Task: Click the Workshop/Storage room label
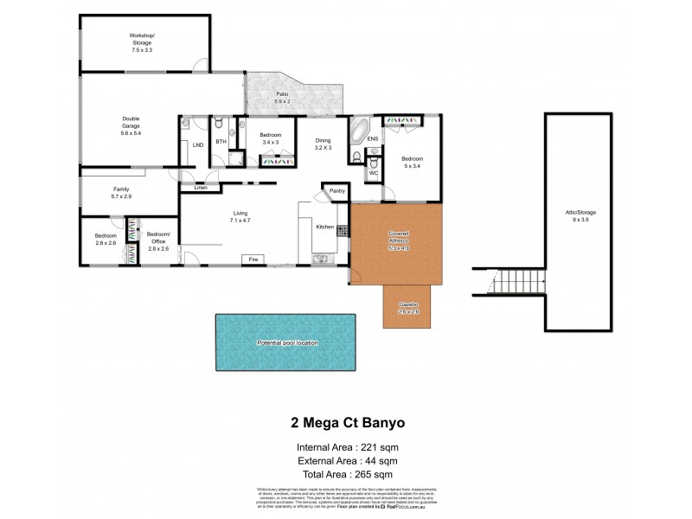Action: [141, 43]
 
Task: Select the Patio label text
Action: [282, 96]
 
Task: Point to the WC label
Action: [374, 173]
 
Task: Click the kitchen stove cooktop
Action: [343, 230]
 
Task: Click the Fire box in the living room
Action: [254, 259]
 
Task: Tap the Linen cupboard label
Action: [201, 187]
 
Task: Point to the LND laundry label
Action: [197, 145]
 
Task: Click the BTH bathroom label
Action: [221, 142]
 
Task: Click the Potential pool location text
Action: [288, 343]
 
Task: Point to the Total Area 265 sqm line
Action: [345, 475]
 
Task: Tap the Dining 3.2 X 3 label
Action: [322, 144]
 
